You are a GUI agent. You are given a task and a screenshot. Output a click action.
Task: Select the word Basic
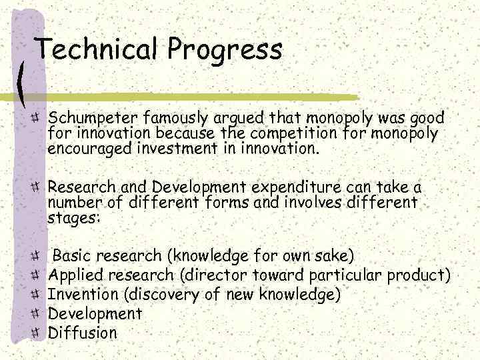click(73, 255)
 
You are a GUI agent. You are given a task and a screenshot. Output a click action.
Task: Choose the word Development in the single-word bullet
click(95, 313)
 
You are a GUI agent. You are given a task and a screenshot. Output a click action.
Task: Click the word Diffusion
click(83, 333)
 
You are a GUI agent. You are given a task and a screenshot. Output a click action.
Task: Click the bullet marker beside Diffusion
click(36, 333)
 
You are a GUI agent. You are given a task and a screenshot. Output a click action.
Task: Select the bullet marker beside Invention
click(36, 294)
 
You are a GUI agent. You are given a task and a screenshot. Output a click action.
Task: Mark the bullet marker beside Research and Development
click(36, 187)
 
